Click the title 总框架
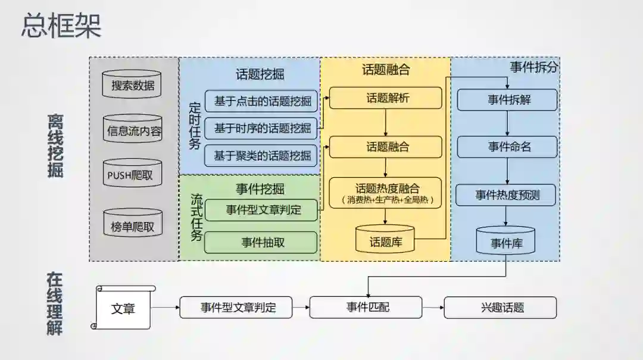pos(61,26)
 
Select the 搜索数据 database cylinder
pos(132,84)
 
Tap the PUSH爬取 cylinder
pos(132,174)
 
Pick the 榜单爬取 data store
pos(132,226)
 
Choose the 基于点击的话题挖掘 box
pos(262,101)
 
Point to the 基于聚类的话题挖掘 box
pos(262,156)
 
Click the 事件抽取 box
pos(261,242)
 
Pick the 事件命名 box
pos(507,146)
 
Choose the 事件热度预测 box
pos(507,195)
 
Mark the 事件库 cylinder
pos(506,242)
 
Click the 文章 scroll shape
pos(123,308)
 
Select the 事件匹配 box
pos(366,307)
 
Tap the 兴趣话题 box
pos(500,308)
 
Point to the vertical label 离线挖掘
pos(55,146)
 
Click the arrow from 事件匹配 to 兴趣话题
pos(433,308)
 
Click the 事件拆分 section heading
pos(533,67)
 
